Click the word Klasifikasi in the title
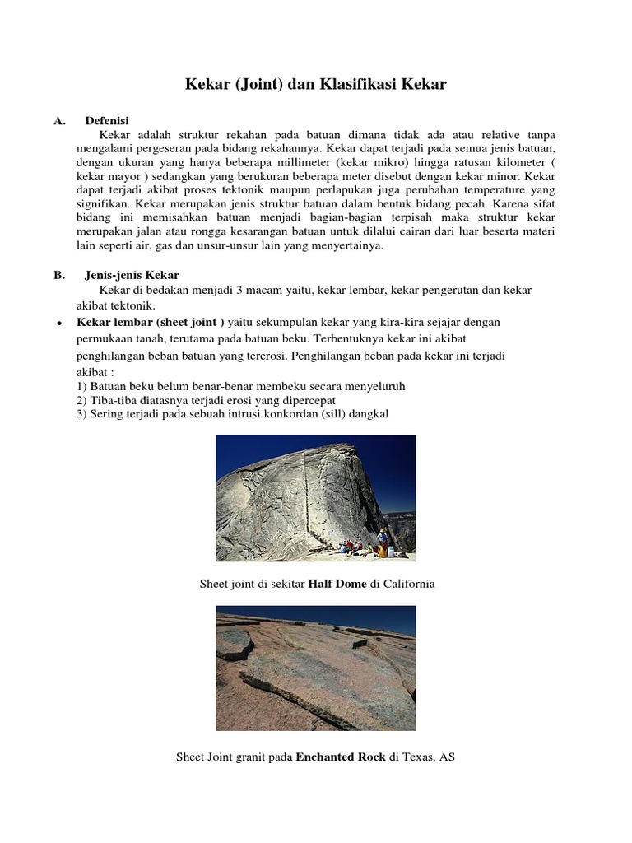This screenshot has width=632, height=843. click(355, 84)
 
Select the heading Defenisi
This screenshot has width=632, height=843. click(107, 121)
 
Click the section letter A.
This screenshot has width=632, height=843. click(58, 121)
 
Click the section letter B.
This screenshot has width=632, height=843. click(58, 275)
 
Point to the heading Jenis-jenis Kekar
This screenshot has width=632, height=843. click(132, 275)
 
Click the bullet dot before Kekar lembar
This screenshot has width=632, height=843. click(59, 323)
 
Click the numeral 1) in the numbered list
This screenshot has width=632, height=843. click(81, 386)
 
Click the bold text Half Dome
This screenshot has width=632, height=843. click(336, 584)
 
